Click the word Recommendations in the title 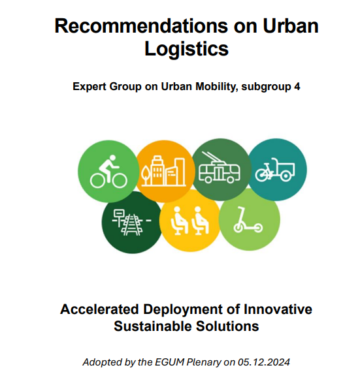pos(141,26)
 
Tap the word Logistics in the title pos(186,49)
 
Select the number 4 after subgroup pos(297,87)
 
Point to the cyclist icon pos(108,172)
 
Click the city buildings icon pos(163,171)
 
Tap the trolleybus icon pos(220,168)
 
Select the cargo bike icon pos(275,170)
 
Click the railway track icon pos(131,223)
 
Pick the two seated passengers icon pos(190,221)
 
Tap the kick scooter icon pos(248,220)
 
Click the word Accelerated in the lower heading pos(99,309)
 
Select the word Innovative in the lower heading pos(278,309)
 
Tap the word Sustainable pos(153,326)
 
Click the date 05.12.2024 pos(264,362)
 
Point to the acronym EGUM pos(170,362)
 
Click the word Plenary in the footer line pos(204,363)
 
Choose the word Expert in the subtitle pos(90,87)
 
